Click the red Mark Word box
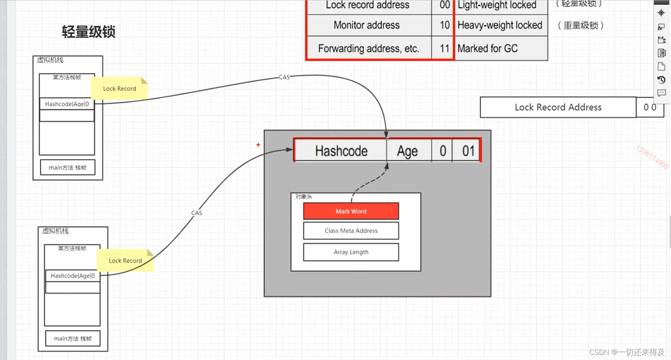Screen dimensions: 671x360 351,211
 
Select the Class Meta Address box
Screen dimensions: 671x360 351,231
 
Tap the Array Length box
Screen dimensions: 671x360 351,252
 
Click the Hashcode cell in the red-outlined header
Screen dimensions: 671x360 340,151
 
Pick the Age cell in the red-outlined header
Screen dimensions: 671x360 408,151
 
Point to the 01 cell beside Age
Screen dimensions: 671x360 468,151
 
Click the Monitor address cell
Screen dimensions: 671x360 367,25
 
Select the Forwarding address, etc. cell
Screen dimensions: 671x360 368,48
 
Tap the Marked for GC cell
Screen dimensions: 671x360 488,48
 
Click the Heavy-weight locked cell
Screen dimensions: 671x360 500,25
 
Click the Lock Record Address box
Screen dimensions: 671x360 558,107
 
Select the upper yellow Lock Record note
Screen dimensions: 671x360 120,88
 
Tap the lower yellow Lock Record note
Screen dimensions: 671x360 125,261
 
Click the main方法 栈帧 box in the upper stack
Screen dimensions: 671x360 67,167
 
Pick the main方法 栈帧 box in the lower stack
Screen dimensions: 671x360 73,338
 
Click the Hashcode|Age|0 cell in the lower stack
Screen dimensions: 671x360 73,276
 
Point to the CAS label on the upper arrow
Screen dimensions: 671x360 284,77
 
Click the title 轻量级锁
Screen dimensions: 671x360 89,32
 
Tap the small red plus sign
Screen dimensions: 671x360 258,145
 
